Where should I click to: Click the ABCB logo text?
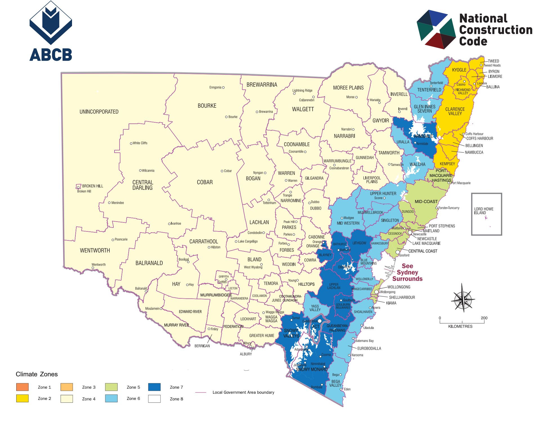51,55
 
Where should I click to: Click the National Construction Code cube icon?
436,30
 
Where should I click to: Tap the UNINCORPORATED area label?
99,112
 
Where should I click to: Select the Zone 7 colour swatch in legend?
154,387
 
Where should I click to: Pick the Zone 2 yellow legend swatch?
22,398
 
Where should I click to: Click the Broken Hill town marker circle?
78,188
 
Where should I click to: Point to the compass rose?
463,299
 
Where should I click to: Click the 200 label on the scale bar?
484,318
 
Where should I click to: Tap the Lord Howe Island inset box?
486,214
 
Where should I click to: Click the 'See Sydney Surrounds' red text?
407,272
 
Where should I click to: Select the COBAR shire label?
205,182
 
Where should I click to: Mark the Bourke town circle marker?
226,117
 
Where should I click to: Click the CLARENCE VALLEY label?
455,111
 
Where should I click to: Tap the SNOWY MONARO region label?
312,369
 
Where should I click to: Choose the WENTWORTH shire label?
95,250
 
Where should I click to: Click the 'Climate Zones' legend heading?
37,374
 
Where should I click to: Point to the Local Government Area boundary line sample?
201,392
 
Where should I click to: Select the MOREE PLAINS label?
348,88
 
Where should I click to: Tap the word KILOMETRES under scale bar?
460,326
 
